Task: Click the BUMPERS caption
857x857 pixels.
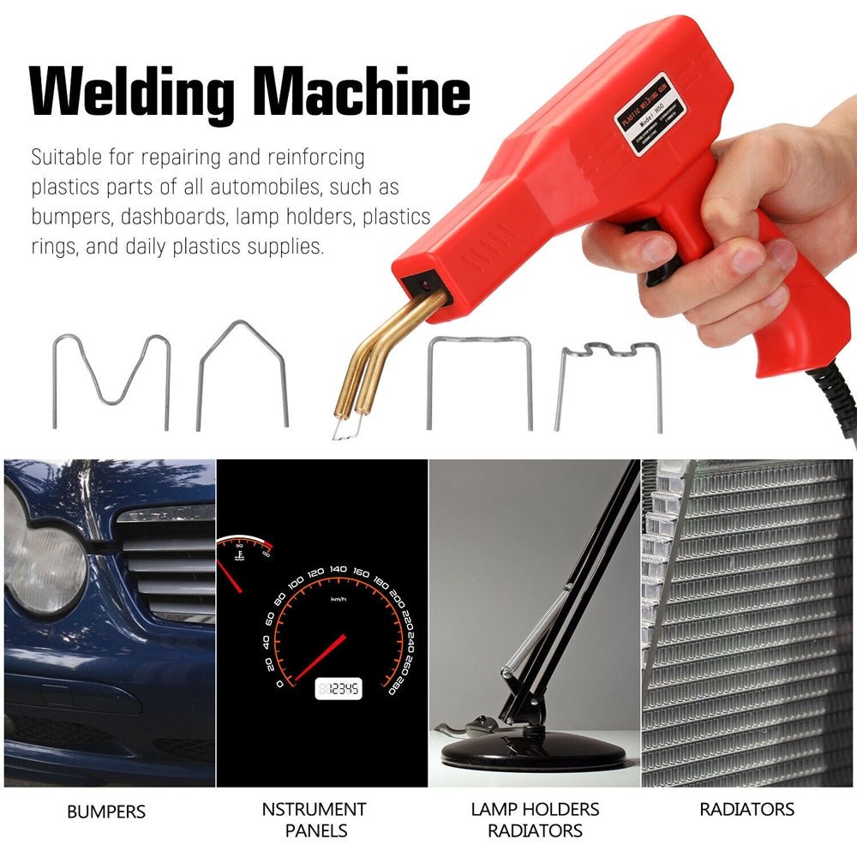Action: pyautogui.click(x=106, y=811)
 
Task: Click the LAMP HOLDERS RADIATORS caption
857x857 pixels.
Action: pyautogui.click(x=535, y=819)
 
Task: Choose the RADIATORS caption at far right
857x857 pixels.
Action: pyautogui.click(x=746, y=809)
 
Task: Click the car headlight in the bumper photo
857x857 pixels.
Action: pyautogui.click(x=43, y=557)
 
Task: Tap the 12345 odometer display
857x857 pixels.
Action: pyautogui.click(x=339, y=688)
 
